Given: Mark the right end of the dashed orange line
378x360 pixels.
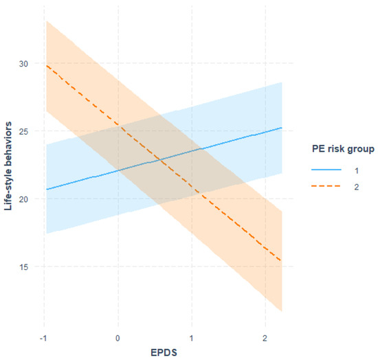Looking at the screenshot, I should pyautogui.click(x=281, y=261).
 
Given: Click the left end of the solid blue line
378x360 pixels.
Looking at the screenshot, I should pyautogui.click(x=45, y=190).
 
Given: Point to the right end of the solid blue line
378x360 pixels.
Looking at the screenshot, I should pyautogui.click(x=281, y=128).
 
